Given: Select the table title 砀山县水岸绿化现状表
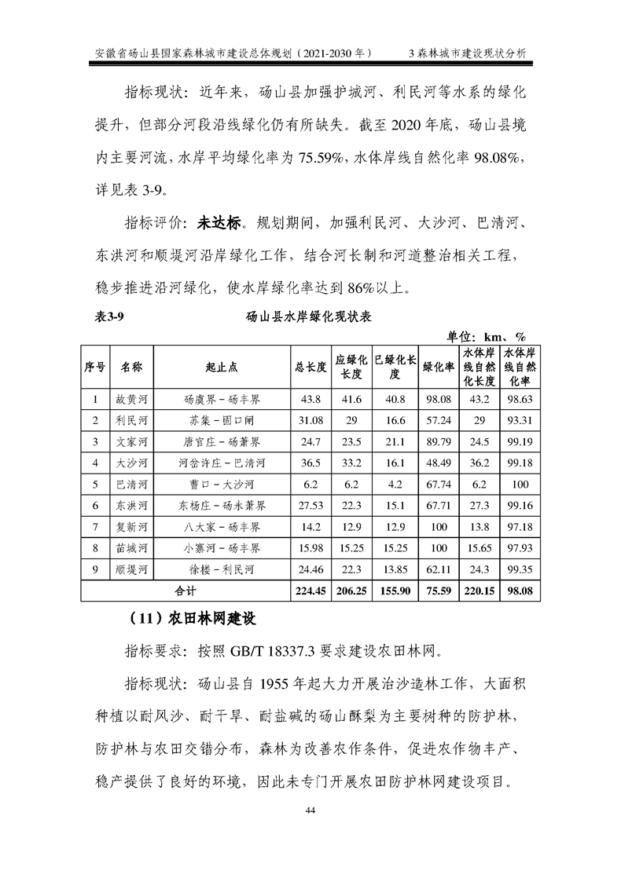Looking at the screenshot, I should (309, 318).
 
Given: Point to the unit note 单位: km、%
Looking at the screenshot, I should (487, 335).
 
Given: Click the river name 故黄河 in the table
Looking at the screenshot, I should (131, 399).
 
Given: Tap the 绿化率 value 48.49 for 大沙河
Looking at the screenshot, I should (439, 463).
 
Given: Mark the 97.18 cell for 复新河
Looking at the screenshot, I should (520, 526).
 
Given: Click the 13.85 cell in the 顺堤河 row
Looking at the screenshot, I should (395, 569).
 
